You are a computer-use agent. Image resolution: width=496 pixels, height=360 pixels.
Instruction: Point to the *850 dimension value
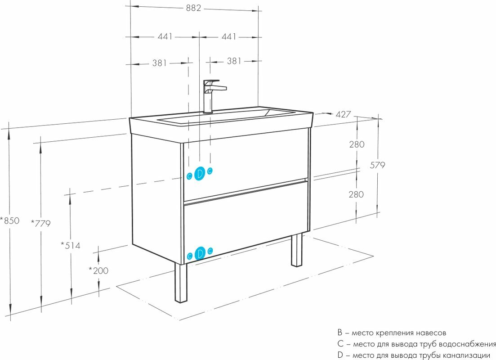[9, 220]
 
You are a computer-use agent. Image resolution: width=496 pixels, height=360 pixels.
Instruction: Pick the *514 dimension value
[71, 245]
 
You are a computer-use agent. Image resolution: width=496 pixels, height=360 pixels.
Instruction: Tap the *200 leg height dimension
[98, 270]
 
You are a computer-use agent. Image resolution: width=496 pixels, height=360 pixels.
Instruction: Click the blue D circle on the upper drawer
[200, 173]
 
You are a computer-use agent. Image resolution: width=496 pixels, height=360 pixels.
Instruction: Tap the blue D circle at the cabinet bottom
[200, 253]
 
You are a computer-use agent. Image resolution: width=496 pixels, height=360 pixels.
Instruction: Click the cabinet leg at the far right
[296, 250]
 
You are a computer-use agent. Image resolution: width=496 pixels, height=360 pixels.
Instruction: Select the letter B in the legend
[340, 333]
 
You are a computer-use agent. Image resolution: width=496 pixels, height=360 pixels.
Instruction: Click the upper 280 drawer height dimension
[356, 144]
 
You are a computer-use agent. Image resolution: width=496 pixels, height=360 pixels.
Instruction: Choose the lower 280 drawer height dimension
[356, 194]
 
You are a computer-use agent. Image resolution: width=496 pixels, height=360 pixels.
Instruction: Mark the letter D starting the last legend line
[340, 355]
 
